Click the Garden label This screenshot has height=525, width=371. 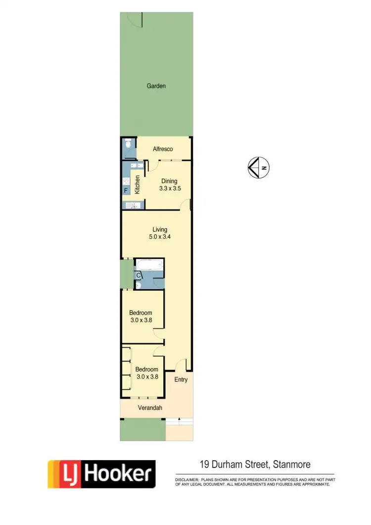(x=156, y=86)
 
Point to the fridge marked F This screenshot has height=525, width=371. (x=126, y=190)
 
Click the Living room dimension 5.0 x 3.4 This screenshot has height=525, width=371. (x=160, y=237)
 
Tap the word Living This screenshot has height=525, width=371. (x=160, y=230)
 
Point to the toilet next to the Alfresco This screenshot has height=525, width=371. (x=128, y=145)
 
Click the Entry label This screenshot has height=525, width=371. (x=181, y=380)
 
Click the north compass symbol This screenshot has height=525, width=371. (x=258, y=167)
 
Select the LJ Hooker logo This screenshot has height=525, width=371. (x=101, y=474)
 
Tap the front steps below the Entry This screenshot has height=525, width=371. (x=179, y=422)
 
